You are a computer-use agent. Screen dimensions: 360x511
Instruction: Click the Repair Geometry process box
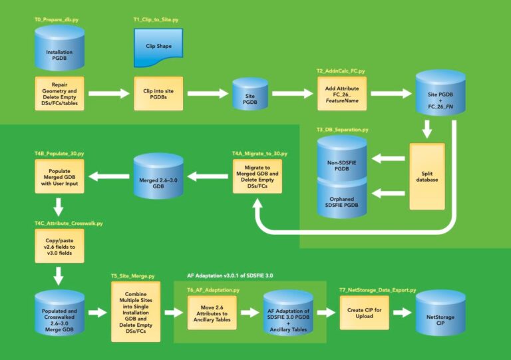(x=59, y=93)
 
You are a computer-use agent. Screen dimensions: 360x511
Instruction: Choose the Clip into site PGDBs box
(x=158, y=94)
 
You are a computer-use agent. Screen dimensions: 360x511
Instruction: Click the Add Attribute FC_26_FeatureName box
(x=341, y=93)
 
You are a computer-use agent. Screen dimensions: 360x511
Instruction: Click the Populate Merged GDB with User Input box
(x=59, y=176)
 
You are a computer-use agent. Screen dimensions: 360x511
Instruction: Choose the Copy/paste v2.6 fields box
(x=59, y=244)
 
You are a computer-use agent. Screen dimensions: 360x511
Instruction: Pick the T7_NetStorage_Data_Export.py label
(x=378, y=290)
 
